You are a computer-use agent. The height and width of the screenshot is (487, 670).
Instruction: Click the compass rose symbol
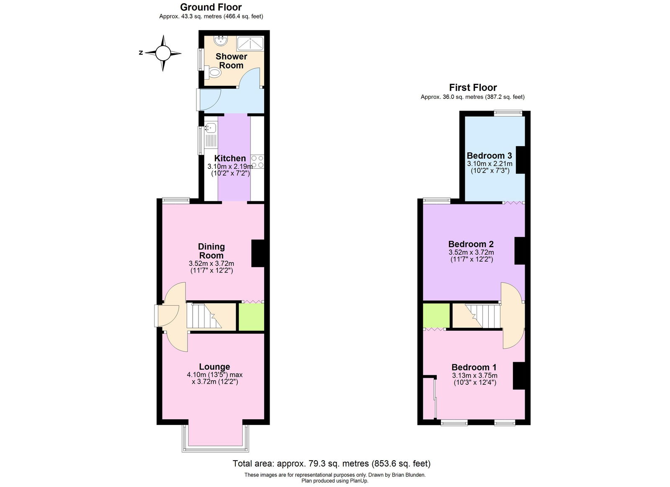[163, 53]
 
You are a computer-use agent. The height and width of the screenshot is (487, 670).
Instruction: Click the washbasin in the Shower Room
[220, 41]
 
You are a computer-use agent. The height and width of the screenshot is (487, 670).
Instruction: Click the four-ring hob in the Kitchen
[258, 162]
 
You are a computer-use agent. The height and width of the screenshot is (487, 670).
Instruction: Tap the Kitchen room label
[230, 158]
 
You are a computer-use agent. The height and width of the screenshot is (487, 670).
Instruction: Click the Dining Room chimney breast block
[258, 253]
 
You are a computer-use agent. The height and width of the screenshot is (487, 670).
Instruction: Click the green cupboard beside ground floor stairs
[251, 317]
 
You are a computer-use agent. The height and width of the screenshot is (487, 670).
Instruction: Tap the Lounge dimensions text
[215, 378]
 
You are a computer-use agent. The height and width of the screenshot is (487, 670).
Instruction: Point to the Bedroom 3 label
[489, 155]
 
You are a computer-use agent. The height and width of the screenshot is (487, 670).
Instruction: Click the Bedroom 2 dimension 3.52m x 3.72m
[471, 253]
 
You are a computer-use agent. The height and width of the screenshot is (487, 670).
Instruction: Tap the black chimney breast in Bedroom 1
[519, 376]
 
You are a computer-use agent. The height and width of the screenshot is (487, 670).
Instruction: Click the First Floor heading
[473, 88]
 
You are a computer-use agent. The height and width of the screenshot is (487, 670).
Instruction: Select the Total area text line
[331, 464]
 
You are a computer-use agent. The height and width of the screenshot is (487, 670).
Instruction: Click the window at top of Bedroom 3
[508, 112]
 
